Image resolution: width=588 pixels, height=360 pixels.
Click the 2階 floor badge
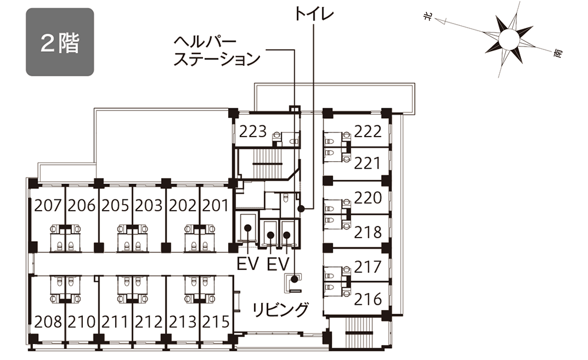59,42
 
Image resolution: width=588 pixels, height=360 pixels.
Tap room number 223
253,132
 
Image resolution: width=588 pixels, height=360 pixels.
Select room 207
48,205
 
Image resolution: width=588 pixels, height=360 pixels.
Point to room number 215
216,322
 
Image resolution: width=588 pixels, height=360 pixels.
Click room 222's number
368,132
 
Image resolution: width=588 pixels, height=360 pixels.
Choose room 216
368,299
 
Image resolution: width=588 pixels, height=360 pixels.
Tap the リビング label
280,310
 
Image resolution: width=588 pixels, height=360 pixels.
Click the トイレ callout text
314,14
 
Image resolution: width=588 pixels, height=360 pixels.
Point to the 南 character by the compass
558,54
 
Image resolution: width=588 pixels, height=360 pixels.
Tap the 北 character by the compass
427,17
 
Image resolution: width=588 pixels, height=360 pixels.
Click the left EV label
248,264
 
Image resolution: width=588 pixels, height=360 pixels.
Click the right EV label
278,264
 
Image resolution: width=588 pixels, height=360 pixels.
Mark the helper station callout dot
295,279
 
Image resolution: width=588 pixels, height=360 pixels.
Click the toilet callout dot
300,208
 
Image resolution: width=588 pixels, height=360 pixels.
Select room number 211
115,322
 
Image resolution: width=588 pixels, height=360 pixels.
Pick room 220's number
368,198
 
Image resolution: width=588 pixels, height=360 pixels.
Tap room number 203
149,205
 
